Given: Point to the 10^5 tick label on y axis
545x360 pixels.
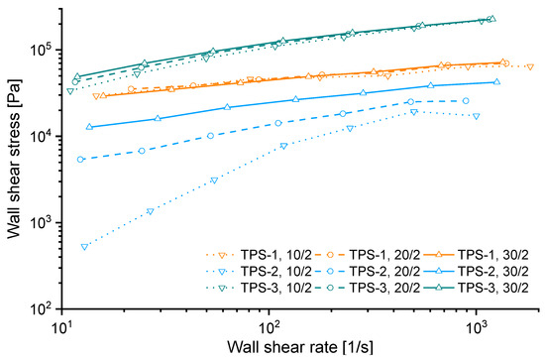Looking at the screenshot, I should coord(40,50).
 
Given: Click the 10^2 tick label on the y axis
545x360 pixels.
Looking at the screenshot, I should coord(40,308).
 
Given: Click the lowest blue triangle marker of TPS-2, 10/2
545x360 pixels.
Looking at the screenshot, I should coord(85,247).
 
